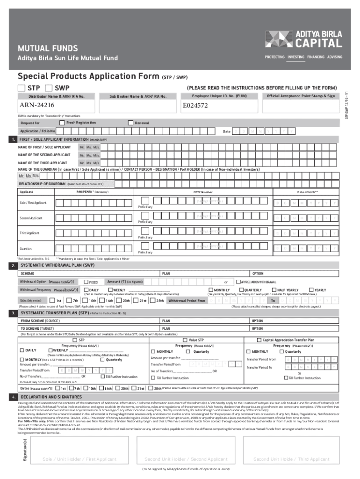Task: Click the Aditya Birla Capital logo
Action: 303,40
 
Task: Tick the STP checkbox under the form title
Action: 22,88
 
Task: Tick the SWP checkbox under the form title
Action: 49,88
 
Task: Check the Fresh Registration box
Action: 63,123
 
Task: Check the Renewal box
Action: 130,123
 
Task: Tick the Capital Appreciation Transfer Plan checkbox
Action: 259,340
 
